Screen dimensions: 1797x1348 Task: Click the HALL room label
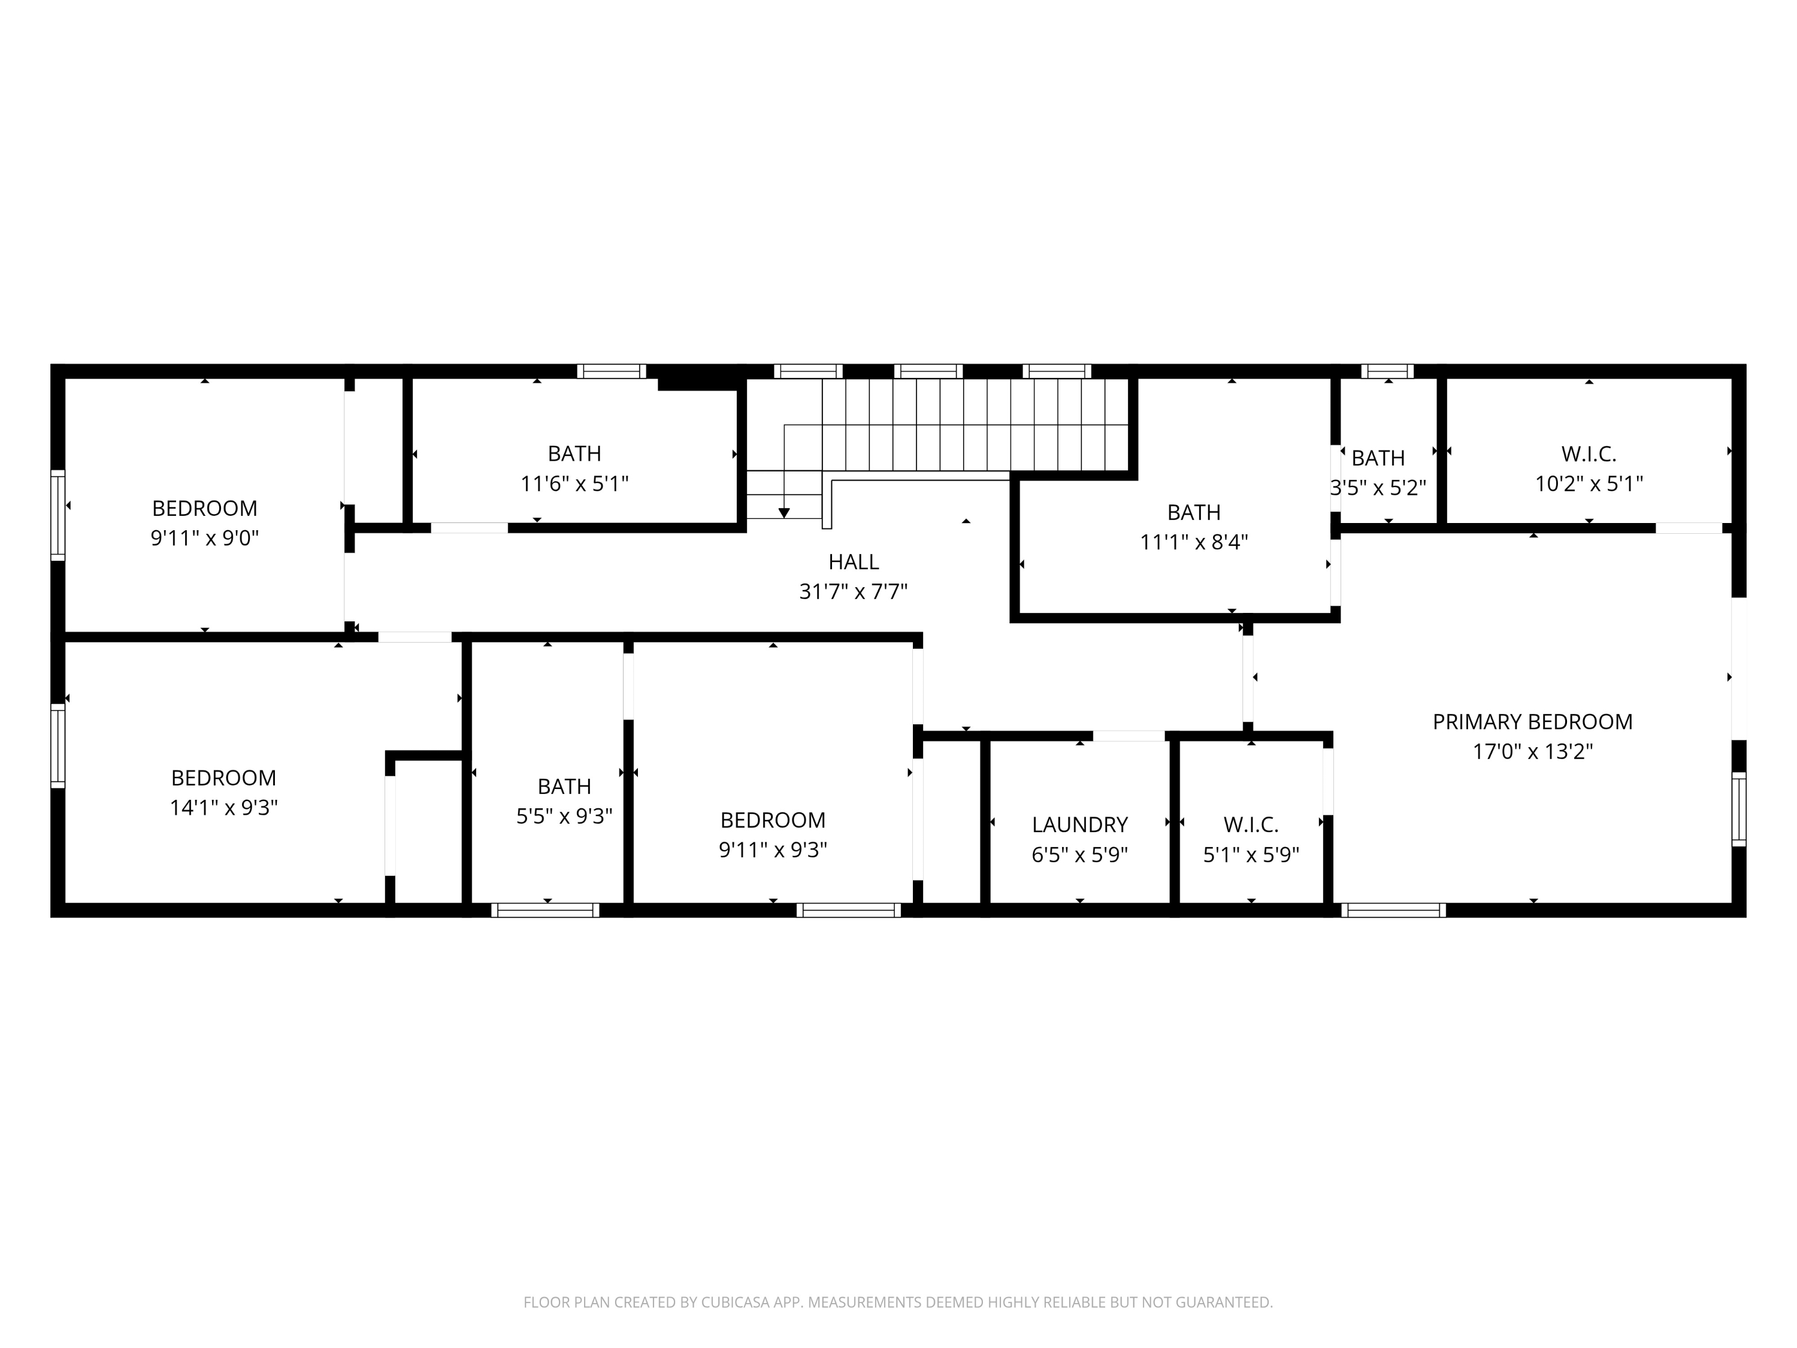853,561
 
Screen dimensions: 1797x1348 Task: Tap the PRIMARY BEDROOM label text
1532,721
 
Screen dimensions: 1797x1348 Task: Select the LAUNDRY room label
1079,825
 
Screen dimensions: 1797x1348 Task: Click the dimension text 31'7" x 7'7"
853,591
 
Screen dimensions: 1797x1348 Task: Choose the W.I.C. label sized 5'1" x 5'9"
1251,825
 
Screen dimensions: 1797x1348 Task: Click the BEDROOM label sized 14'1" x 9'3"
223,778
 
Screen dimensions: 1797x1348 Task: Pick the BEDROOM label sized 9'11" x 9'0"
205,508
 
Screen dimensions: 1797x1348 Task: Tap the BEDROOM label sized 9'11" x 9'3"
773,820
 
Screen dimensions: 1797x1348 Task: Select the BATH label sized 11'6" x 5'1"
574,454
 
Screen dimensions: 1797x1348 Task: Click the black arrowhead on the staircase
784,513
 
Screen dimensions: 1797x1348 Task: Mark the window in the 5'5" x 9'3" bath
545,910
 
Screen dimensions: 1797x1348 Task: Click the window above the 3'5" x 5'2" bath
1387,371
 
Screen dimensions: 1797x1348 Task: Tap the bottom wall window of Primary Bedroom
1394,910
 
